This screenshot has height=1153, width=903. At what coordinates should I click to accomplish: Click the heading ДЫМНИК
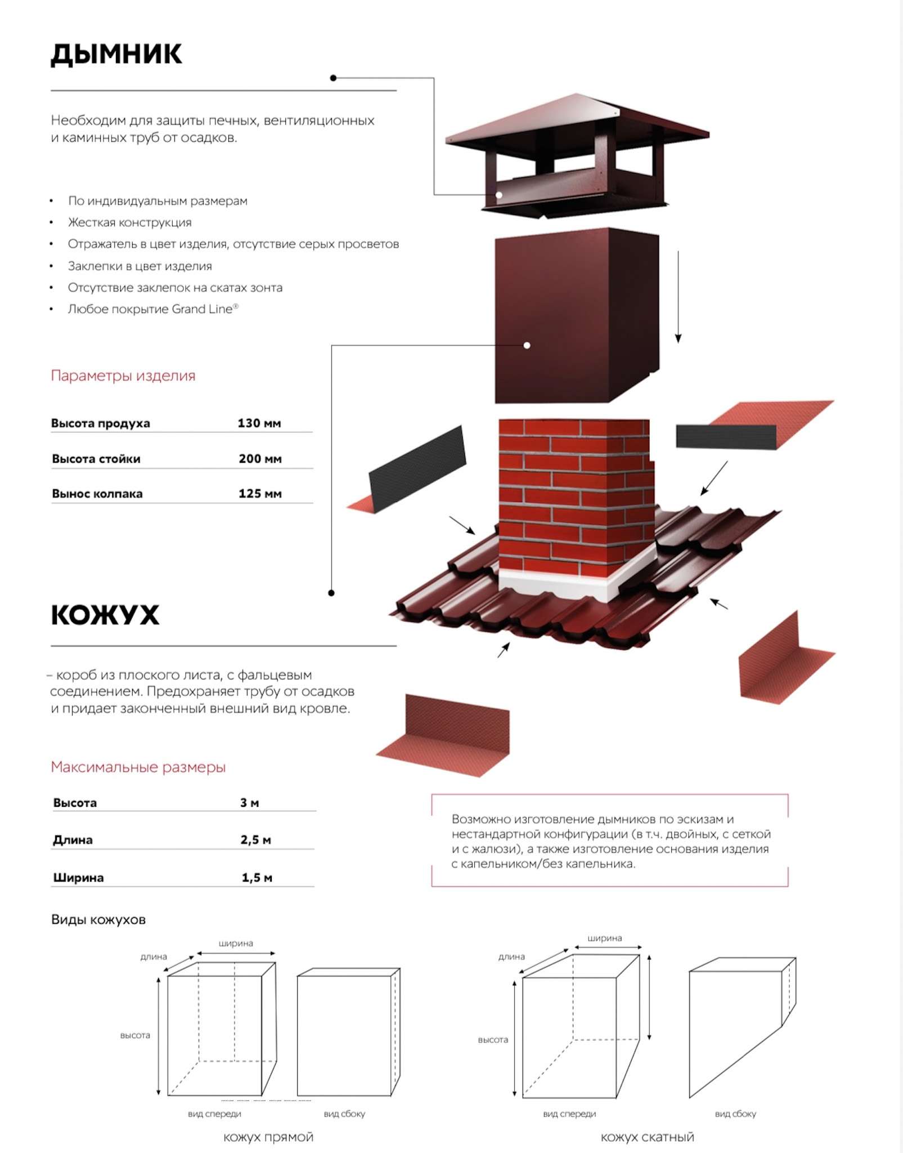click(x=116, y=55)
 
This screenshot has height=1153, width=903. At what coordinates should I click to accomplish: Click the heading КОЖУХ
click(x=105, y=615)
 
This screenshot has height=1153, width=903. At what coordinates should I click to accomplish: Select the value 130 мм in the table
click(x=259, y=423)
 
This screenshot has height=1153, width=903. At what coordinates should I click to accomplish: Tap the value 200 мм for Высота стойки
click(x=260, y=458)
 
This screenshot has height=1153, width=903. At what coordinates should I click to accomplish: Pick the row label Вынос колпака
click(x=97, y=494)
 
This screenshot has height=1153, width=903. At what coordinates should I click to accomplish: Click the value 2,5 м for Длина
click(x=255, y=840)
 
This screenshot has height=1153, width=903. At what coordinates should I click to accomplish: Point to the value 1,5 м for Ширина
click(x=257, y=878)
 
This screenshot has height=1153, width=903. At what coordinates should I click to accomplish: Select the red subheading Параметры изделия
click(x=123, y=376)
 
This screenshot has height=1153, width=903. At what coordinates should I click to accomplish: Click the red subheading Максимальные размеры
click(x=138, y=767)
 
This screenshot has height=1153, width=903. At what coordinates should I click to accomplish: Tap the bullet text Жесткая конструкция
click(x=129, y=222)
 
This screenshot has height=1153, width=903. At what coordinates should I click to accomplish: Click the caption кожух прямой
click(x=268, y=1137)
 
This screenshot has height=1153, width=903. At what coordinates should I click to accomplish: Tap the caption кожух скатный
click(x=647, y=1137)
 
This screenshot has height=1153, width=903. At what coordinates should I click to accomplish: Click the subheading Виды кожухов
click(x=98, y=920)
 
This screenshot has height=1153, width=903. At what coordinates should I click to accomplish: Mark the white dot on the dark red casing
click(x=527, y=345)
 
